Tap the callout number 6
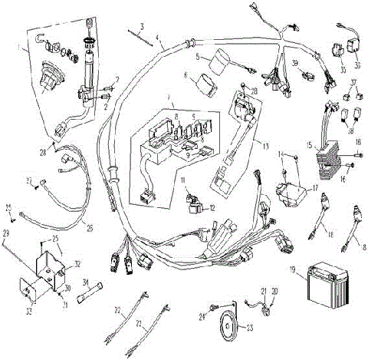pos(186,75)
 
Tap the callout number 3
pos(142,25)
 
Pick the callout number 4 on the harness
pos(158,37)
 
